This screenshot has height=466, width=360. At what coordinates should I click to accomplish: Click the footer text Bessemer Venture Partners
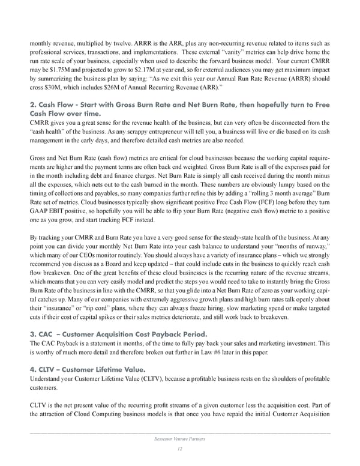tap(180, 441)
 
